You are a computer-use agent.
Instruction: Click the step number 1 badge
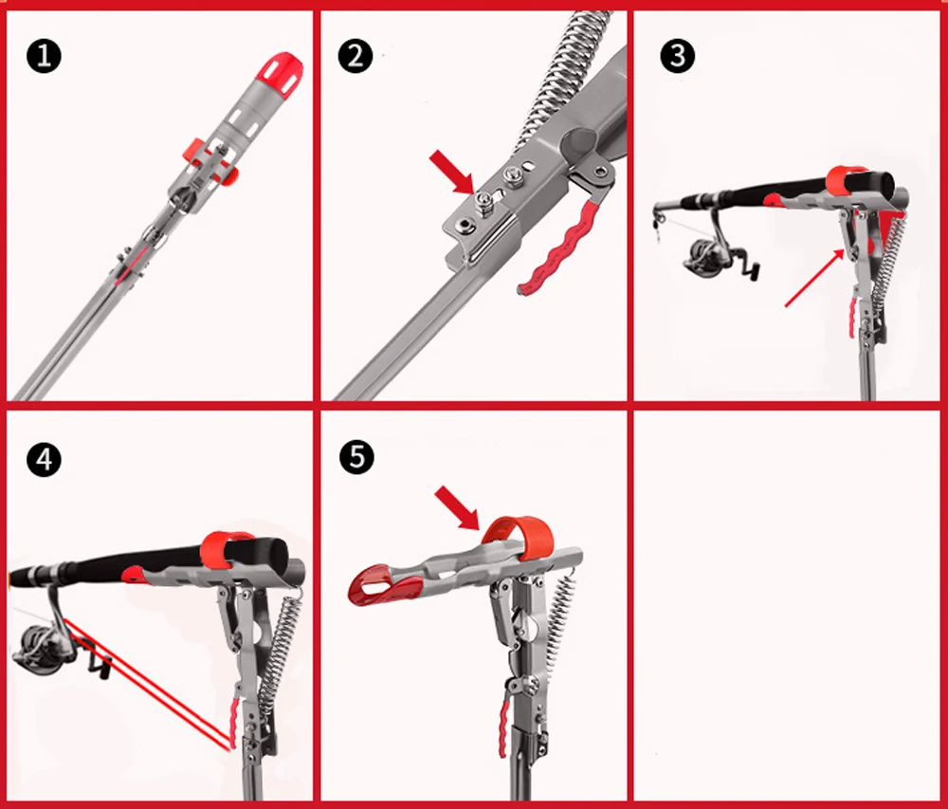45,56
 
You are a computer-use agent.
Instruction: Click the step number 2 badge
355,56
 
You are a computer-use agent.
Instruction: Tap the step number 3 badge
677,56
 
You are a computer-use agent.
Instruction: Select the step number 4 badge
45,461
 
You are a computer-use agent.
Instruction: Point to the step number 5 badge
356,456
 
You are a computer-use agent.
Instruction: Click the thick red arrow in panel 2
451,173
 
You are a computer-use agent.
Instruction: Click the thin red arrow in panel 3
814,278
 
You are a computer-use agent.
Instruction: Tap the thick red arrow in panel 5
457,508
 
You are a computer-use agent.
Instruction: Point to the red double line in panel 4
148,683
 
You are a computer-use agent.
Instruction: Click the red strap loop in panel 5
519,535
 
